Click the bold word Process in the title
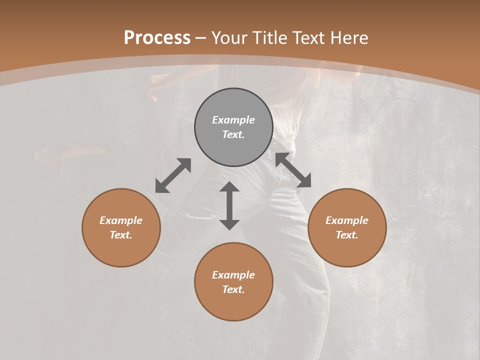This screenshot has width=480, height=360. (x=157, y=38)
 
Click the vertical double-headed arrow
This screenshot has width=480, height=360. (x=229, y=205)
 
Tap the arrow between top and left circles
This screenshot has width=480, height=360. (x=173, y=175)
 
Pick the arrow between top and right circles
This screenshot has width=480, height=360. (x=293, y=170)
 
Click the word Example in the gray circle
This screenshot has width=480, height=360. (x=233, y=120)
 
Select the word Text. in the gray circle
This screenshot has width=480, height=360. (x=233, y=134)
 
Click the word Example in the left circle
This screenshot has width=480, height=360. (x=121, y=220)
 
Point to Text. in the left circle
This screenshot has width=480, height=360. (x=121, y=235)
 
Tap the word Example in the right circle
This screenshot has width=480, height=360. (x=347, y=220)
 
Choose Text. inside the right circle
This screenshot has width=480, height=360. (x=347, y=235)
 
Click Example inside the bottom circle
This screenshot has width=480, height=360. (x=233, y=275)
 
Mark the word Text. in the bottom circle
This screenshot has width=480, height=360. (x=233, y=289)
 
